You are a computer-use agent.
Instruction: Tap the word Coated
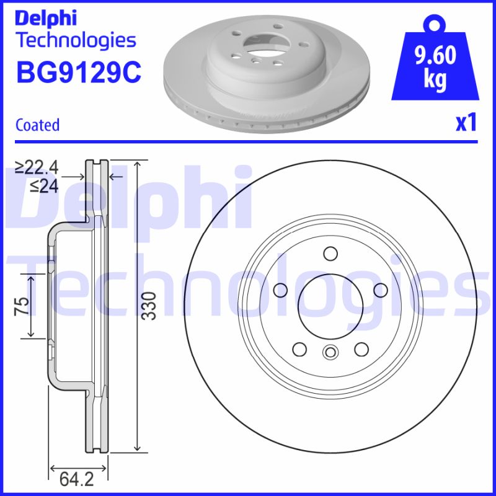(37, 125)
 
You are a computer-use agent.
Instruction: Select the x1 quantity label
(466, 123)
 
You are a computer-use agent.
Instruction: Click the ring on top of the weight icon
(434, 24)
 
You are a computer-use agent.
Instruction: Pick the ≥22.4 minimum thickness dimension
(37, 167)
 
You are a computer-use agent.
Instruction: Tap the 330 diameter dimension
(147, 306)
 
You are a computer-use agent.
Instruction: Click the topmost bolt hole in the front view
(330, 254)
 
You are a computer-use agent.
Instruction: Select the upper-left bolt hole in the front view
(280, 290)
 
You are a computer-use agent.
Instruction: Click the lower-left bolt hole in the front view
(299, 349)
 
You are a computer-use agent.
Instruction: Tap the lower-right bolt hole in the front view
(361, 349)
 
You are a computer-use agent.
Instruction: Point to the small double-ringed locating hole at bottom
(330, 353)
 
